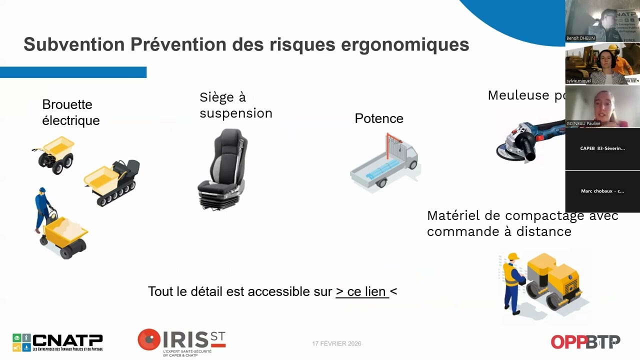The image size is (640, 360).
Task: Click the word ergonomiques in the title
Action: pyautogui.click(x=404, y=45)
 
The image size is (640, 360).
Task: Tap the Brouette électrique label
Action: pyautogui.click(x=70, y=112)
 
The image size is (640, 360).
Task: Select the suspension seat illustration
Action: pyautogui.click(x=223, y=168)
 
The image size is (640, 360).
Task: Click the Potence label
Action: pyautogui.click(x=378, y=118)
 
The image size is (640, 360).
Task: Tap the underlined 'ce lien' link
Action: pyautogui.click(x=361, y=291)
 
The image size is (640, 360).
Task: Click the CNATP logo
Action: pyautogui.click(x=57, y=342)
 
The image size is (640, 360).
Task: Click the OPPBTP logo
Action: pyautogui.click(x=585, y=342)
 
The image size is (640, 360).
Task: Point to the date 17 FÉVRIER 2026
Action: pyautogui.click(x=336, y=343)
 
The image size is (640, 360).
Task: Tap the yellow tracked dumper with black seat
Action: pyautogui.click(x=112, y=182)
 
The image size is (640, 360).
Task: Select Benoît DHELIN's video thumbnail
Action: pyautogui.click(x=602, y=21)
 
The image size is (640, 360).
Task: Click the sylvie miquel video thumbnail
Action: pyautogui.click(x=602, y=63)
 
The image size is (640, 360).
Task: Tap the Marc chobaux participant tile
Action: pyautogui.click(x=602, y=191)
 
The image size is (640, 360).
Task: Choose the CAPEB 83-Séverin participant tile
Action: pyautogui.click(x=602, y=148)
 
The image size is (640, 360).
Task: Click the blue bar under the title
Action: pyautogui.click(x=73, y=72)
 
